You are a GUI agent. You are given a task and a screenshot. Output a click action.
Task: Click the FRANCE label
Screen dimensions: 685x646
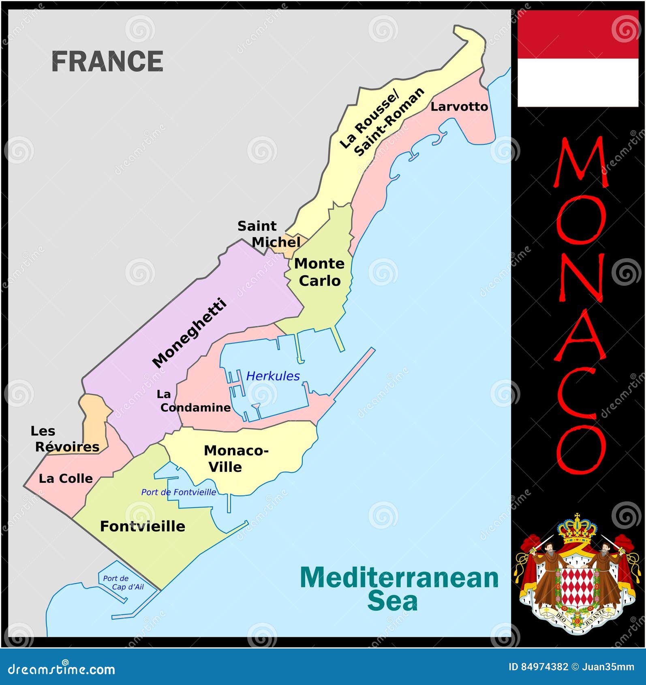click(107, 62)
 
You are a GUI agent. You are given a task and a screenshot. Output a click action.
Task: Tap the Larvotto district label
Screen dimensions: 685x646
click(459, 107)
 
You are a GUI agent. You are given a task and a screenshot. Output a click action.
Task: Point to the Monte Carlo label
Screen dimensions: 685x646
click(319, 272)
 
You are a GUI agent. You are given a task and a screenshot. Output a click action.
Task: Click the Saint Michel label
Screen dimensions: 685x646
click(269, 234)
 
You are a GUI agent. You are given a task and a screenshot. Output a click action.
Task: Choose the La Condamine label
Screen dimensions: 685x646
click(195, 401)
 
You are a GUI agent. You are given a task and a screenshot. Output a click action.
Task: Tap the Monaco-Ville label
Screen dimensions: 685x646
click(236, 458)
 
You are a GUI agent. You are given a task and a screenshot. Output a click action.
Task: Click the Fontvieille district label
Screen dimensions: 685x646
click(143, 526)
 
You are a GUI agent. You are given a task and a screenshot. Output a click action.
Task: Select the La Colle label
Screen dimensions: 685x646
click(66, 478)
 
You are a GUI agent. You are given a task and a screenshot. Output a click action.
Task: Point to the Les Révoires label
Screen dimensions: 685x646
click(65, 439)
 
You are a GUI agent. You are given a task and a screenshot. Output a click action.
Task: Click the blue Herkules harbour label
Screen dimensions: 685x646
click(273, 376)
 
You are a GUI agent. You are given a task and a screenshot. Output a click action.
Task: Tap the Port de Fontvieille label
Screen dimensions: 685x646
click(178, 492)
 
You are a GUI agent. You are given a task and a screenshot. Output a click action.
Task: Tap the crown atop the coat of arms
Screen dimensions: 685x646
click(577, 529)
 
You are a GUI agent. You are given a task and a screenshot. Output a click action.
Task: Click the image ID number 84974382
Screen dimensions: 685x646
click(544, 667)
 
